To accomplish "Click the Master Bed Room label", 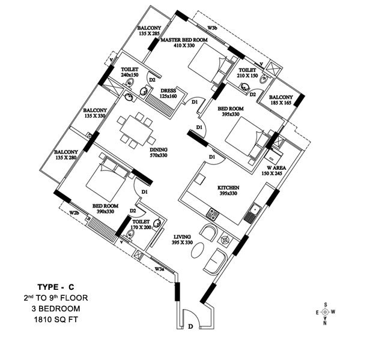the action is click(x=184, y=43).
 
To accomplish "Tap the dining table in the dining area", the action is click(x=136, y=130).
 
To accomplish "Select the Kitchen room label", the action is click(x=228, y=190).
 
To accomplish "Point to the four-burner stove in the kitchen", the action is click(x=213, y=214).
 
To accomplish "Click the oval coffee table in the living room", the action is click(x=198, y=250).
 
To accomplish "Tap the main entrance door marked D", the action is click(x=191, y=319).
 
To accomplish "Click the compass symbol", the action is click(x=325, y=312).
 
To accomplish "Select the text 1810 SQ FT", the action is click(x=56, y=320).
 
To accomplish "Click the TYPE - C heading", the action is click(x=56, y=287).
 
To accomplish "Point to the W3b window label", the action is click(x=212, y=28).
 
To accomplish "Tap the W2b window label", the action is click(x=74, y=212).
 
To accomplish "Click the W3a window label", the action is click(x=159, y=269).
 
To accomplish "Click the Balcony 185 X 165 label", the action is click(x=281, y=100).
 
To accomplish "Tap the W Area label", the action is click(x=274, y=170).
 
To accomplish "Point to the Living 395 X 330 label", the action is click(x=182, y=239).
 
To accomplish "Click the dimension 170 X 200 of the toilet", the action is click(x=141, y=227).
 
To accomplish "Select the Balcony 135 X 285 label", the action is click(x=149, y=31).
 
